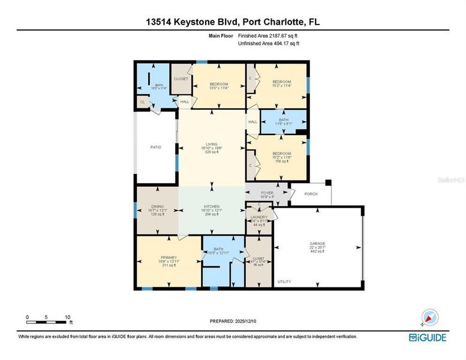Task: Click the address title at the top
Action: click(233, 22)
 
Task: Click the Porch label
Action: click(311, 194)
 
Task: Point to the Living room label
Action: click(212, 144)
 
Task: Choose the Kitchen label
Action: click(212, 206)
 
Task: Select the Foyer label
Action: click(266, 193)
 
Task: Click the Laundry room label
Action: click(259, 217)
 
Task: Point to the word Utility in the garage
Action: click(284, 281)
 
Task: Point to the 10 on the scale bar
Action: click(68, 317)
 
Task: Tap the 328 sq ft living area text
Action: click(212, 152)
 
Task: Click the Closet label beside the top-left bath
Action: click(181, 79)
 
